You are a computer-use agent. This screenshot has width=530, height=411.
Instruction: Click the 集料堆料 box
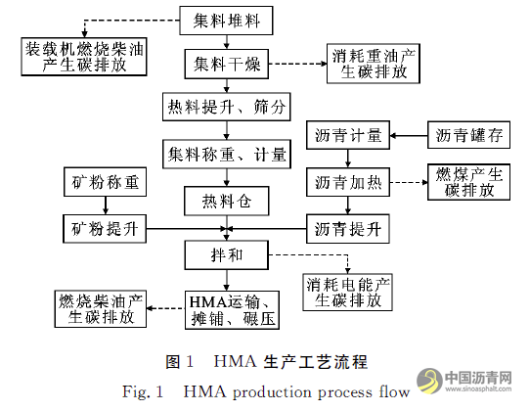(x=226, y=19)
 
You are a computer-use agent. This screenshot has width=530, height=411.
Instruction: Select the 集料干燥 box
(x=226, y=64)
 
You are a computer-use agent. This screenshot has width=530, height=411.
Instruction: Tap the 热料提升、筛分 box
(x=226, y=107)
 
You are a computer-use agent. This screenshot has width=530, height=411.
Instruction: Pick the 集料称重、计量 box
(x=226, y=154)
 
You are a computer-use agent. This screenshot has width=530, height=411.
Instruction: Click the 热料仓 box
(x=226, y=201)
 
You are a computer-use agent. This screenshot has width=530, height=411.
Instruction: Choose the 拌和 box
(x=226, y=256)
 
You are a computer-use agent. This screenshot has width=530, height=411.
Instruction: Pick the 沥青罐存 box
(x=469, y=133)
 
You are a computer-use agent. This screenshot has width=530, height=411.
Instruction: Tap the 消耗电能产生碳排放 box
(x=348, y=292)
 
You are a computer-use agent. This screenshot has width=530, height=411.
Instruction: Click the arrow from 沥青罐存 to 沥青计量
(x=409, y=133)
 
